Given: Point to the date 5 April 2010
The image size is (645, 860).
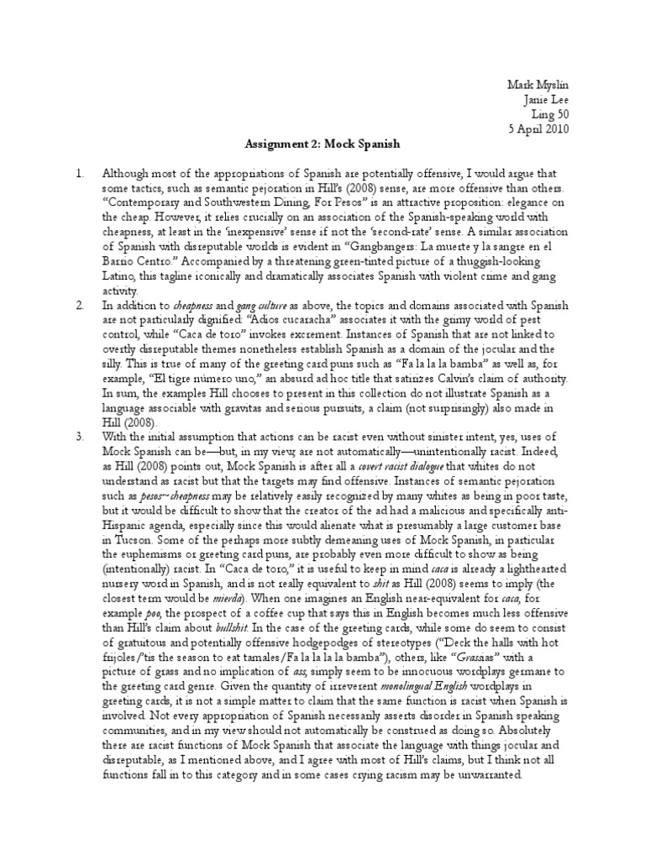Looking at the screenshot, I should coord(539,128).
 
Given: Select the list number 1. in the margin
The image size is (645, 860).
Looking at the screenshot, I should coord(80,173).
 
